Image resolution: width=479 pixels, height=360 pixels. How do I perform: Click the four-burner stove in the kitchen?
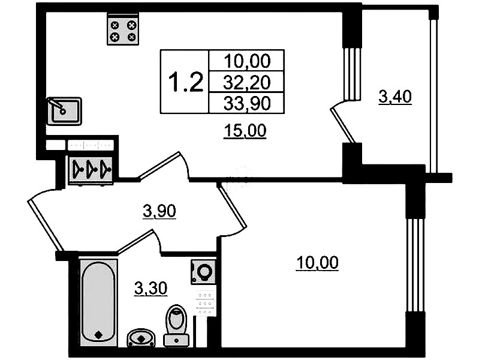123,29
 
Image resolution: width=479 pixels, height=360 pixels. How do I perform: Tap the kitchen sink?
64,111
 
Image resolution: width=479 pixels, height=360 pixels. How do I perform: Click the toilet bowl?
176,325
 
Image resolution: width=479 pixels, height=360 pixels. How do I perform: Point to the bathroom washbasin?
141,338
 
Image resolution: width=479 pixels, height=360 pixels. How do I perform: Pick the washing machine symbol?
203,272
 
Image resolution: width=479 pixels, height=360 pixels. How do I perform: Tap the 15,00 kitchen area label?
245,131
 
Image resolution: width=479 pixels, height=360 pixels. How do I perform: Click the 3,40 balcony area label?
395,97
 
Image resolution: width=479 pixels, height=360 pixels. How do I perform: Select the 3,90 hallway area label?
159,211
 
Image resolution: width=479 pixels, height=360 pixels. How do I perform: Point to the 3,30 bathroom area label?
151,289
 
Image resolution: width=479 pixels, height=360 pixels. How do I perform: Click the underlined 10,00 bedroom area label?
317,263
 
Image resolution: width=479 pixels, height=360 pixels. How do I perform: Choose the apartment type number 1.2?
186,82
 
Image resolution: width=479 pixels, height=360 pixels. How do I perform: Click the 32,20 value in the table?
247,82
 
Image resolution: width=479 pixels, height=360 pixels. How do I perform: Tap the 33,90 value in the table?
247,103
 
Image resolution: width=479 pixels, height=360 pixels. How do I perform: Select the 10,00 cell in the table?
247,61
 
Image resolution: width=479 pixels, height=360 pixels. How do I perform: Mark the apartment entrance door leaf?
45,226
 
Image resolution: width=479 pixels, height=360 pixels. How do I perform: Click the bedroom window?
415,265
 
